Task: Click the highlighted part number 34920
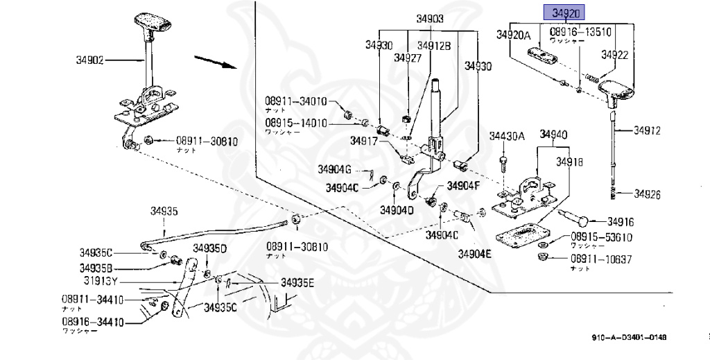[x=564, y=12]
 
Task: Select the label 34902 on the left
[x=90, y=60]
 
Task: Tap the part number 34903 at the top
[x=431, y=19]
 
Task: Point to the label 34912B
[x=434, y=46]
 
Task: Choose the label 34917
[x=363, y=140]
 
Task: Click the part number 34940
[x=554, y=134]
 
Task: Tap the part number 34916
[x=621, y=222]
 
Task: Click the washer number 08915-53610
[x=601, y=237]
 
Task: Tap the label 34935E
[x=297, y=283]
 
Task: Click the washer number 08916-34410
[x=92, y=322]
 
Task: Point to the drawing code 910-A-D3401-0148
[x=629, y=338]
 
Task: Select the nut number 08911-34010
[x=295, y=101]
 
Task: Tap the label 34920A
[x=512, y=35]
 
